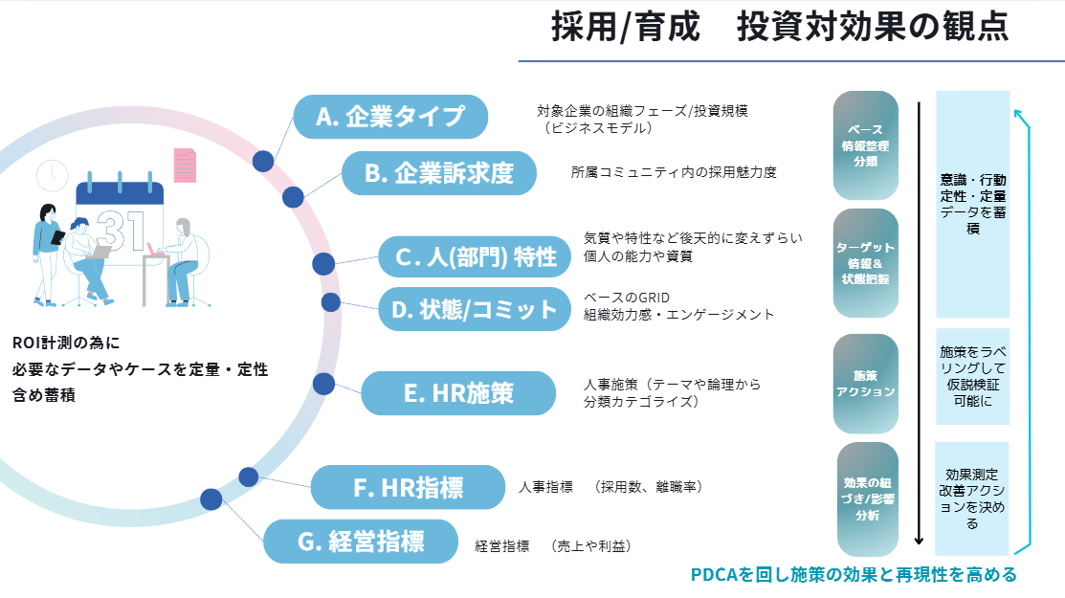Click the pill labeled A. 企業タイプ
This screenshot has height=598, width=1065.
click(x=390, y=117)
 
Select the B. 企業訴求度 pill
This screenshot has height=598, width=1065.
click(x=439, y=173)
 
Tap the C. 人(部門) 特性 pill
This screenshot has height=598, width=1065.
click(x=477, y=256)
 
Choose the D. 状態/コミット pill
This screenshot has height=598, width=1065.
click(x=475, y=309)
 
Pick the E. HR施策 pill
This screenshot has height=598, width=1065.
click(x=458, y=393)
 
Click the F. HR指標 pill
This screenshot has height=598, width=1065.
click(x=408, y=488)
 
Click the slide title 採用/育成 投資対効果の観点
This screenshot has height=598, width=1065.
click(x=779, y=28)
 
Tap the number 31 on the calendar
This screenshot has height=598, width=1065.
click(x=121, y=231)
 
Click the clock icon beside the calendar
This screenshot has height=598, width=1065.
click(x=52, y=175)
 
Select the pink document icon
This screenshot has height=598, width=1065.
click(x=184, y=167)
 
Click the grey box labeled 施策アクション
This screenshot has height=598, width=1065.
click(x=865, y=383)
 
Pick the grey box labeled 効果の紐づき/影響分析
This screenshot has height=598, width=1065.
click(x=867, y=498)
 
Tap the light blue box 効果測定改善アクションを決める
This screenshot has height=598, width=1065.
click(x=972, y=498)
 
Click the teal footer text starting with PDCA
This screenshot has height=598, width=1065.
click(x=853, y=575)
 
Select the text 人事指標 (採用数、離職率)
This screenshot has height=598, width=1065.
click(x=610, y=487)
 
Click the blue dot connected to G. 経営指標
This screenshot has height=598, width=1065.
click(x=211, y=498)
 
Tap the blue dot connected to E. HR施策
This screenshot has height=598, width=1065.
click(x=324, y=384)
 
